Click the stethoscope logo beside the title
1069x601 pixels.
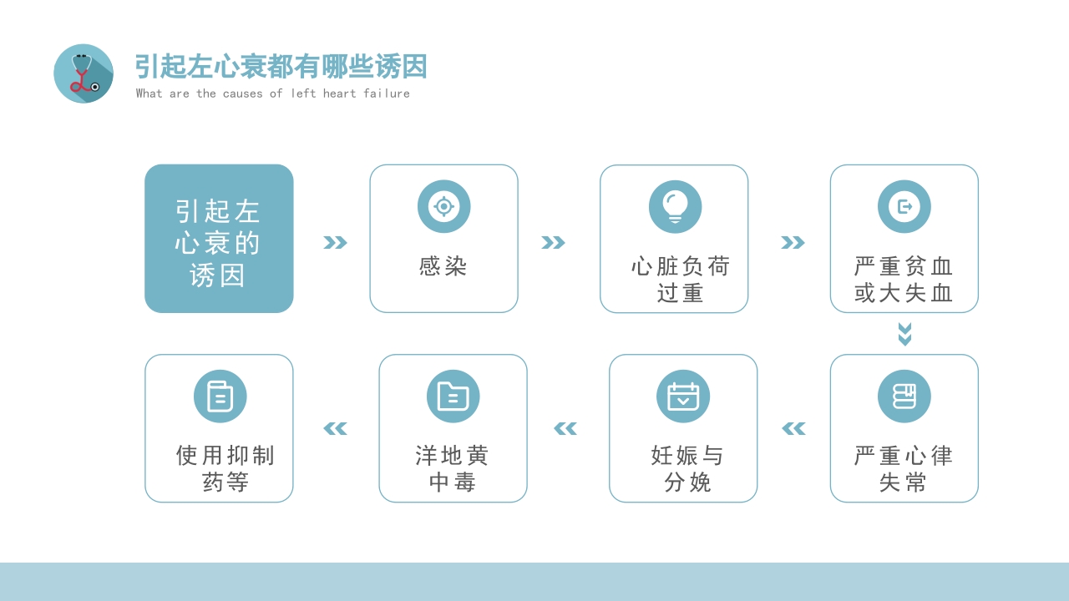[84, 73]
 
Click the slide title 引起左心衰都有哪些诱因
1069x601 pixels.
[281, 66]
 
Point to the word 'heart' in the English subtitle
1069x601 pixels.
[339, 93]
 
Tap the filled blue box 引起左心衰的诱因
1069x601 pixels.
[219, 239]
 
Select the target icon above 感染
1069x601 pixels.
[443, 206]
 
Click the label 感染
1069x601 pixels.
[443, 266]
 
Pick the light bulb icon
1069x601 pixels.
[675, 206]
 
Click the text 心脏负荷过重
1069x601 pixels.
[681, 280]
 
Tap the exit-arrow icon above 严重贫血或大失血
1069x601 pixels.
[904, 206]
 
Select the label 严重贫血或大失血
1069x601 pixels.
[904, 280]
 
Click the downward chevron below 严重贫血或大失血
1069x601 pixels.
[904, 334]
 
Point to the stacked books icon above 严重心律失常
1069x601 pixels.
[904, 396]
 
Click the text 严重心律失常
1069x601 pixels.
[904, 468]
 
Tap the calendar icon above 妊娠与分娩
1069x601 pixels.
[683, 396]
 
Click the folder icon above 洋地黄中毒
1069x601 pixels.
[453, 396]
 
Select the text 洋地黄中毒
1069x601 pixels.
[453, 468]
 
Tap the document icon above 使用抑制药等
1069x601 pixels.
[220, 396]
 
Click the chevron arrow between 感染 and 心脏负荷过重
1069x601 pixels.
[553, 242]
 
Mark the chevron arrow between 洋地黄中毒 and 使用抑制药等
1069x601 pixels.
[335, 428]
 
